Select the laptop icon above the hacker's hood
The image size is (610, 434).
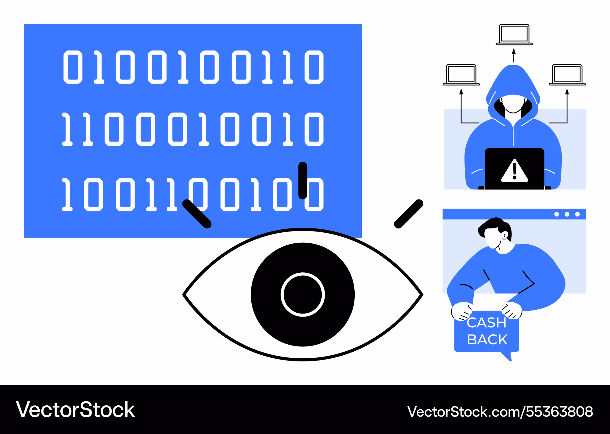[x=514, y=34]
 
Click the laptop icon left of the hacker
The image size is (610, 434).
[x=461, y=75]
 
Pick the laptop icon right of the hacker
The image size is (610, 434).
[x=567, y=75]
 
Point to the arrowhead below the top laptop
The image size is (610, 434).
[x=514, y=51]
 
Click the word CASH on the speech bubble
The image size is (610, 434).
[x=486, y=322]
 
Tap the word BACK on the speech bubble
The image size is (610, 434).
[x=487, y=339]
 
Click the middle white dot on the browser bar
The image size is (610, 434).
[x=567, y=214]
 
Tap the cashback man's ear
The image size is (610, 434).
[x=505, y=235]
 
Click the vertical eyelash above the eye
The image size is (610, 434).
[x=303, y=180]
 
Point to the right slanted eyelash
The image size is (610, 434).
[x=409, y=214]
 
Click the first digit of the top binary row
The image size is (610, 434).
[x=73, y=67]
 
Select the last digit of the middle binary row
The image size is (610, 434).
[x=314, y=129]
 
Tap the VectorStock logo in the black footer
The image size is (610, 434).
[x=75, y=410]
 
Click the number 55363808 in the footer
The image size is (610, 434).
[x=559, y=411]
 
